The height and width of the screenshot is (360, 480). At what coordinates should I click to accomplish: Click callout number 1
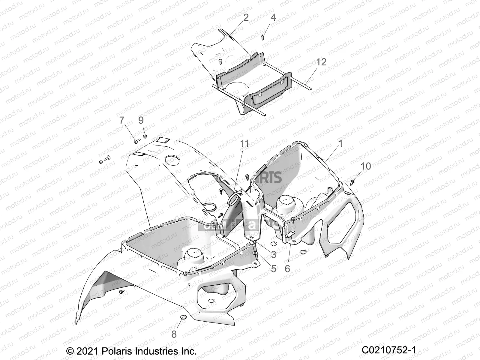pyautogui.click(x=340, y=144)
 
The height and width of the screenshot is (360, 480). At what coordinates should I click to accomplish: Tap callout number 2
pyautogui.click(x=246, y=18)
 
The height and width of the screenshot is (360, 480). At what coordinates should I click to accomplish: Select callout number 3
pyautogui.click(x=273, y=255)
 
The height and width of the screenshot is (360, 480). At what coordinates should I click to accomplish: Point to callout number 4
pyautogui.click(x=273, y=18)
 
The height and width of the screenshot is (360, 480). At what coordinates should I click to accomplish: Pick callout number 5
pyautogui.click(x=273, y=268)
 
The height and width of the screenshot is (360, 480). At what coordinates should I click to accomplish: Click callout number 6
pyautogui.click(x=287, y=268)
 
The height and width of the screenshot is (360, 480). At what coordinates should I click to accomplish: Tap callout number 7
pyautogui.click(x=121, y=120)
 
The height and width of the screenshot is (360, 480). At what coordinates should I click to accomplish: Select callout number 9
pyautogui.click(x=141, y=120)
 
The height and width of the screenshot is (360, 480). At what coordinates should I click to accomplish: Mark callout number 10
pyautogui.click(x=366, y=166)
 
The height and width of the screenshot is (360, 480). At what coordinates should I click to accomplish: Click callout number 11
pyautogui.click(x=244, y=144)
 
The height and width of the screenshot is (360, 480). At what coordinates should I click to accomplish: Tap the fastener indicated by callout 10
pyautogui.click(x=353, y=181)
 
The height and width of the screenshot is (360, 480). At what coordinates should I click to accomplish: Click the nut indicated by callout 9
pyautogui.click(x=145, y=136)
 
